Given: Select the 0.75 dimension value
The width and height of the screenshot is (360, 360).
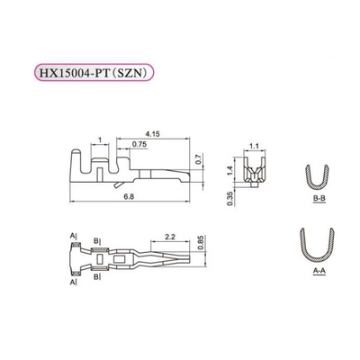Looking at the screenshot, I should click(x=139, y=145).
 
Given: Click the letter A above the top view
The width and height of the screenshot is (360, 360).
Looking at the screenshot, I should click(x=71, y=236).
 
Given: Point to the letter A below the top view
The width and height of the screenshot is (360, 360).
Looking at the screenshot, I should click(x=71, y=282).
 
